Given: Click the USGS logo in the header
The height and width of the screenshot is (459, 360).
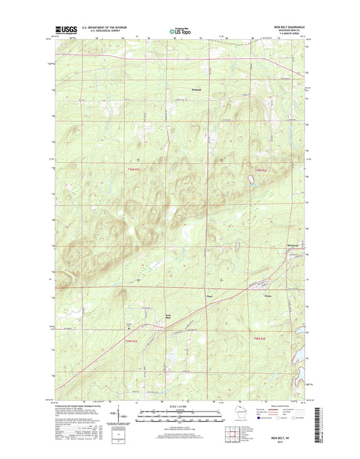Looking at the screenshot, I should coord(63,30).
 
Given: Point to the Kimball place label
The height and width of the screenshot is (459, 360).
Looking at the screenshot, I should coord(195,89).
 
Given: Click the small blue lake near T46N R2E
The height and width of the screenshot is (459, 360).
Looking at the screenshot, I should coord(250,180).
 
